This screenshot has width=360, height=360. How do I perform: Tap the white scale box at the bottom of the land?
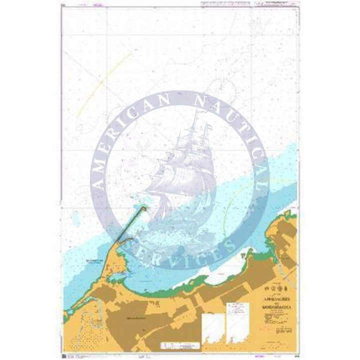point(175,345)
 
